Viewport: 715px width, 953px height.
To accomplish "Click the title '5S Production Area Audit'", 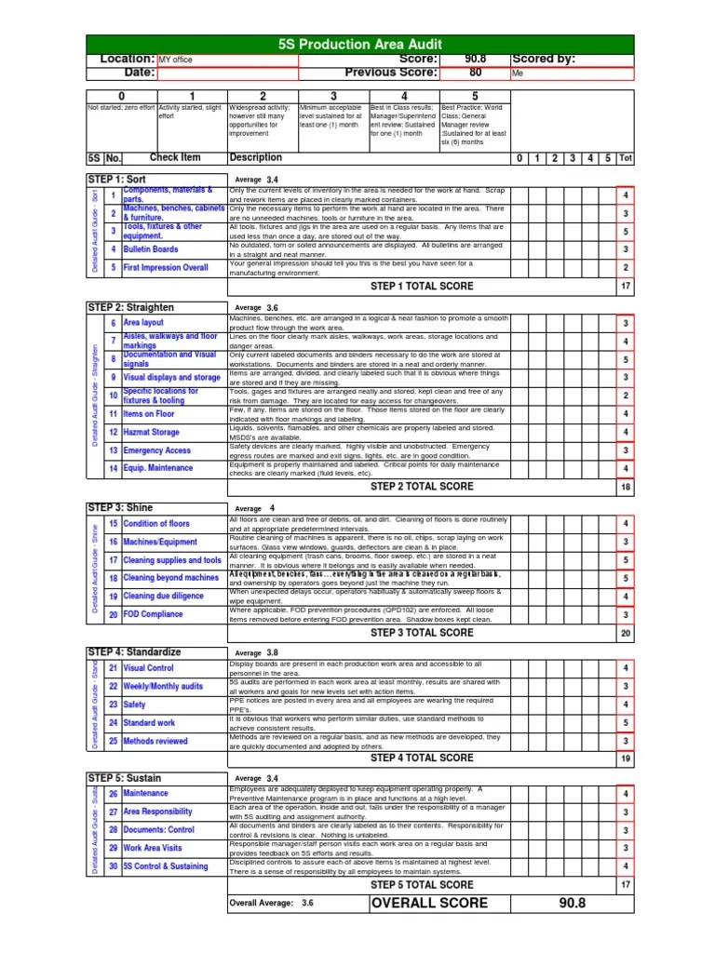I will tap(359, 44).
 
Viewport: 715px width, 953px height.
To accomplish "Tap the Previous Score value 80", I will tap(475, 73).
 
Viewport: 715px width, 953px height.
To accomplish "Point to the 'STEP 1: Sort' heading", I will tap(116, 179).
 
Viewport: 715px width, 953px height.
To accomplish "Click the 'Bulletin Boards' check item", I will tap(151, 249).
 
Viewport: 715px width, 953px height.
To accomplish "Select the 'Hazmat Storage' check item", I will tap(151, 433).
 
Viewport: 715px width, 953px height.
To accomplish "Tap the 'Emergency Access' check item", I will tap(156, 450).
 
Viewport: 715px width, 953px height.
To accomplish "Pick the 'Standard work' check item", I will tap(149, 723).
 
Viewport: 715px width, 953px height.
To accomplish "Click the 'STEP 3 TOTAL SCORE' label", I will tap(422, 633).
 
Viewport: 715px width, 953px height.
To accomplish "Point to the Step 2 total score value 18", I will tap(626, 487).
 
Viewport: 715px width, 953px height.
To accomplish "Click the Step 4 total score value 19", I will tap(626, 758).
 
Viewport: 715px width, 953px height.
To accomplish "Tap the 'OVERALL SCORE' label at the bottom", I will tap(428, 904).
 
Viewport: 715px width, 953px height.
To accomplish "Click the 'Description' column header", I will tap(256, 158).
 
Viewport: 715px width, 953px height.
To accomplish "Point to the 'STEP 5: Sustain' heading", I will tap(120, 777).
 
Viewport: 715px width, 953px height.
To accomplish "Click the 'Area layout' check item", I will tap(143, 323).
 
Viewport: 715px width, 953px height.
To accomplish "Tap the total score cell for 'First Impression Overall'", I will tap(626, 268).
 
